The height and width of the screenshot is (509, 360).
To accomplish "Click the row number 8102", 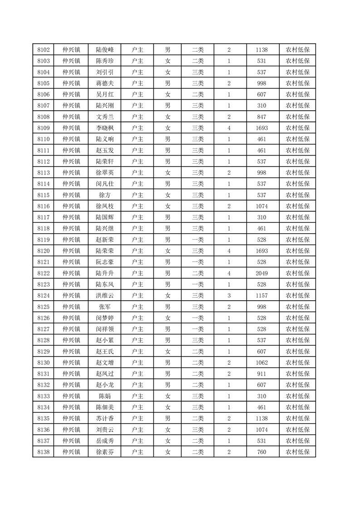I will [43, 50].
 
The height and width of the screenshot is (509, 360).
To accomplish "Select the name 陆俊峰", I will [105, 50].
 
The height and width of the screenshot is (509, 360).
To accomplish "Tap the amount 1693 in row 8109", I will [261, 128].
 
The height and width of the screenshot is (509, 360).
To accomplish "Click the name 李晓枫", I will [105, 128].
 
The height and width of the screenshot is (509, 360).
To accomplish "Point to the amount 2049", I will [261, 273].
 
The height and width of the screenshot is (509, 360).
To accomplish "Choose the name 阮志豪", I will [105, 262].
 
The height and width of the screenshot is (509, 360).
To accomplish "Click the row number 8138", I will [43, 452].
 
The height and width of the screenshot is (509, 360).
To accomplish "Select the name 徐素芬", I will [105, 452].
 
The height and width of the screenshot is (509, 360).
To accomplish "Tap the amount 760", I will [261, 452].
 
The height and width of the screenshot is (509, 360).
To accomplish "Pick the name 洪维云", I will [105, 296].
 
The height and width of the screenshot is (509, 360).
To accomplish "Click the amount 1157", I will [261, 296].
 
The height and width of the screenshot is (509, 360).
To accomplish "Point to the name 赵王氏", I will [105, 352].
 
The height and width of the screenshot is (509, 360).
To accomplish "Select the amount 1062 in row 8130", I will [261, 362].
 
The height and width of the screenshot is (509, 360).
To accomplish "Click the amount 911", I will [261, 374].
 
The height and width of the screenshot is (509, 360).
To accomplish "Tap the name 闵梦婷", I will [105, 318].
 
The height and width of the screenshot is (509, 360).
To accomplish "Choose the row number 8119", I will [43, 240].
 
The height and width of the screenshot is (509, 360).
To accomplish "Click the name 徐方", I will [105, 195].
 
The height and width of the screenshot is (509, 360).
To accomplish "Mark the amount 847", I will [261, 117].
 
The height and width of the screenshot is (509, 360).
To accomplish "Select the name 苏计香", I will [105, 418].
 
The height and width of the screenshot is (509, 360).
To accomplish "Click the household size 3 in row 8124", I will [229, 296].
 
